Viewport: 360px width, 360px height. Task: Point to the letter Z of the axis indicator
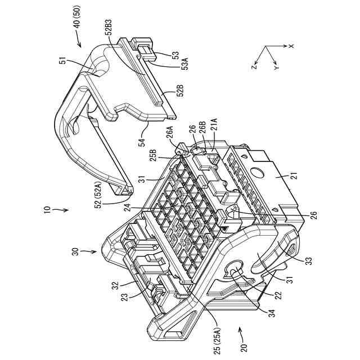click(254, 66)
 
